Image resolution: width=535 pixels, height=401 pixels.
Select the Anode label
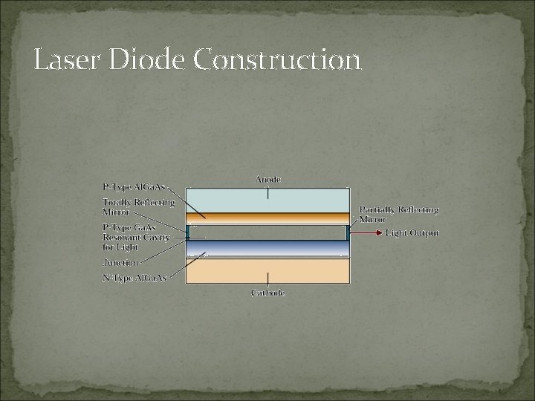(x=268, y=180)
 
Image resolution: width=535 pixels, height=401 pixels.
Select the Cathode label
(x=268, y=293)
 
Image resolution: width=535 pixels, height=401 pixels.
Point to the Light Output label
(x=412, y=233)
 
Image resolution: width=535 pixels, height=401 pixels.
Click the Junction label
(x=120, y=262)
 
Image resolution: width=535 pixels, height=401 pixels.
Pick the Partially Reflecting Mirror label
(x=399, y=214)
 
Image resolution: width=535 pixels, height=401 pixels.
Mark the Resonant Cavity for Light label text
(x=136, y=238)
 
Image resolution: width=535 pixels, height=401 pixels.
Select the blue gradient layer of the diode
(x=268, y=248)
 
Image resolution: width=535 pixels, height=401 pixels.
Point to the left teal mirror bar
(x=189, y=232)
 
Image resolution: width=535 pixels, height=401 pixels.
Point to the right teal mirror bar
(x=348, y=232)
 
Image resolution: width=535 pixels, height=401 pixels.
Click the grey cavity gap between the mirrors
(x=268, y=232)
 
